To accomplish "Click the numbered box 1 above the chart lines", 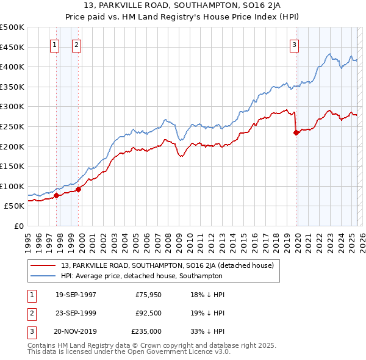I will [55, 45].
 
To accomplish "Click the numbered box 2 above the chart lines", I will [76, 45].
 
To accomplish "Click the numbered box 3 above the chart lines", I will [294, 45].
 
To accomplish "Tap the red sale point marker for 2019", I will [296, 132].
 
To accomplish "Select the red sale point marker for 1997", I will [56, 195].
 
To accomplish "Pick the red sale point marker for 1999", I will [78, 189].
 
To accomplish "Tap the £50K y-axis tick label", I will [14, 206].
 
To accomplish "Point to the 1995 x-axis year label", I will [27, 238].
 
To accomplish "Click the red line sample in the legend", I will [44, 265].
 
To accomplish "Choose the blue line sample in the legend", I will [44, 276].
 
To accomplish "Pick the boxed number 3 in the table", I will [32, 331].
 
